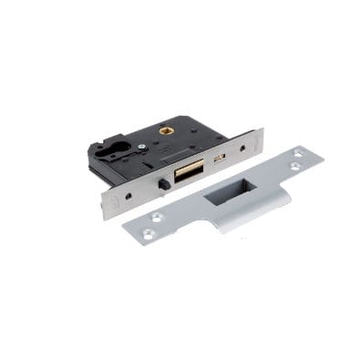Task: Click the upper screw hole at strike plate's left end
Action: [158, 217]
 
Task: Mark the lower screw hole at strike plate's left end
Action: [149, 233]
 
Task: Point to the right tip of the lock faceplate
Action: [263, 134]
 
